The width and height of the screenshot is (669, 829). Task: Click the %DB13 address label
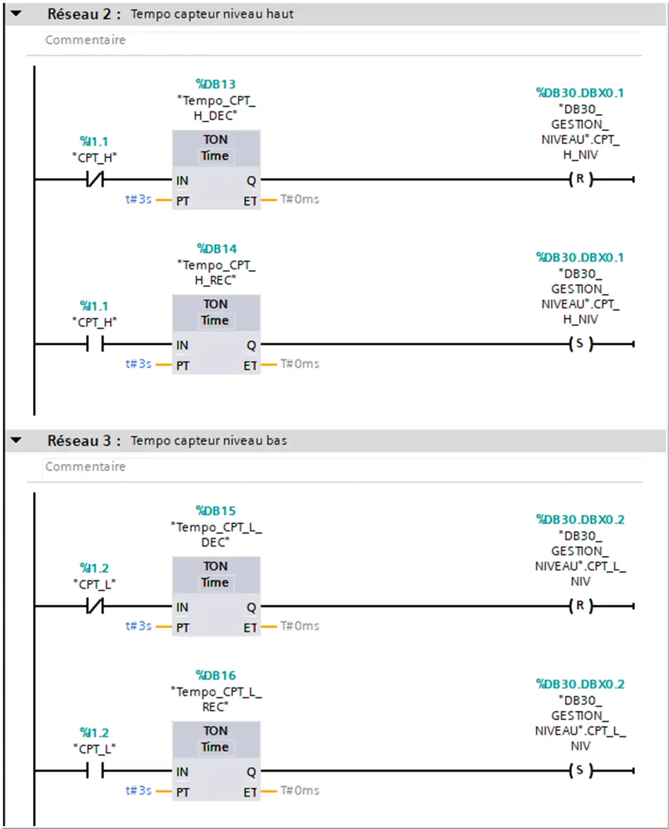click(x=215, y=84)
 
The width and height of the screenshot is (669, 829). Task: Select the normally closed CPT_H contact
click(x=95, y=179)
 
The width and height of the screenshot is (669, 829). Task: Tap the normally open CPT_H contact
click(x=95, y=344)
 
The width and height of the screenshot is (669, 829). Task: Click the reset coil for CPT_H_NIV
click(x=581, y=179)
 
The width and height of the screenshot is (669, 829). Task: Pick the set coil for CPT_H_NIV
click(x=581, y=344)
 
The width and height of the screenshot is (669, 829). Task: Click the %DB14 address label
click(x=217, y=248)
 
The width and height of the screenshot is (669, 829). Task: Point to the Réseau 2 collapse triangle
click(x=16, y=14)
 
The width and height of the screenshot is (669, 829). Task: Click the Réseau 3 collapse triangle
click(x=16, y=440)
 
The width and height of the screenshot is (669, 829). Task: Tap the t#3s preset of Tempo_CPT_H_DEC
click(x=138, y=199)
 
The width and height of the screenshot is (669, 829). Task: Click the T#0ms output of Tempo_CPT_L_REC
click(x=300, y=790)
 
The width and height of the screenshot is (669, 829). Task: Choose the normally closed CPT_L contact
click(x=95, y=606)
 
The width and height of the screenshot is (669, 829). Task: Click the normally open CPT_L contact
click(x=95, y=771)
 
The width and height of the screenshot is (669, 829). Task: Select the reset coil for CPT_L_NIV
click(x=581, y=606)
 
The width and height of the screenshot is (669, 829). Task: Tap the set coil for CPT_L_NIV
click(x=581, y=770)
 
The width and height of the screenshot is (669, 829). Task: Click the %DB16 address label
click(x=215, y=675)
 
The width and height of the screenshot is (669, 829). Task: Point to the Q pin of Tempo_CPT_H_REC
click(x=251, y=345)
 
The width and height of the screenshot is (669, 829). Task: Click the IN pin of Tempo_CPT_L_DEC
click(x=182, y=608)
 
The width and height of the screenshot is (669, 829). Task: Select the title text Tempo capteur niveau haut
click(x=212, y=14)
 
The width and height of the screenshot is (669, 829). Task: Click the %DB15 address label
click(x=215, y=511)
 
